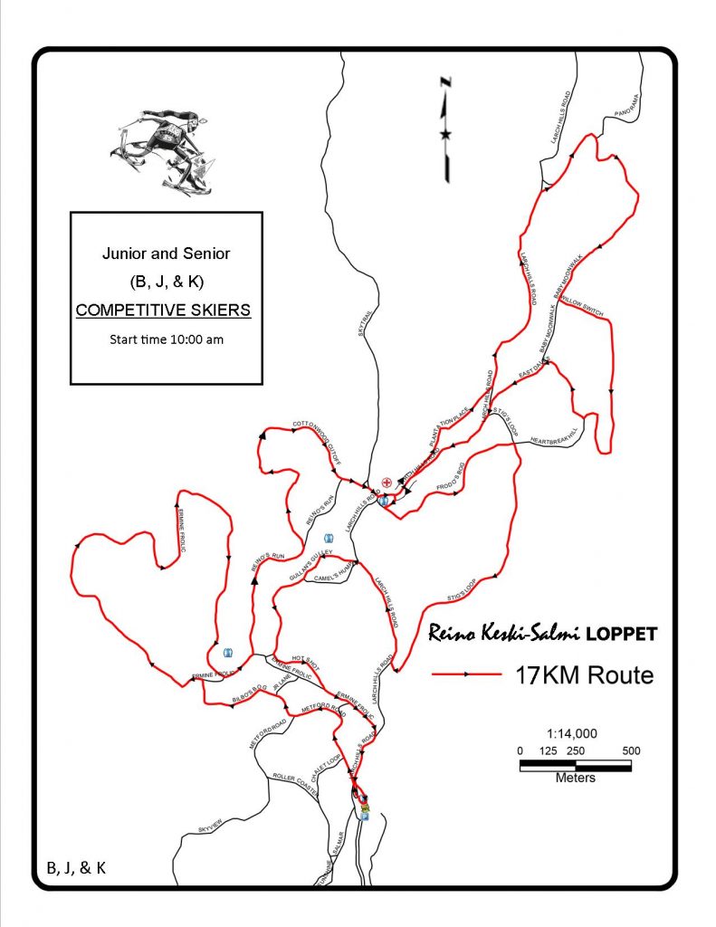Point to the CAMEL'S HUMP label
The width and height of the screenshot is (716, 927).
(325, 577)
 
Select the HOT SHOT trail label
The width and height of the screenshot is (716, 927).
(307, 659)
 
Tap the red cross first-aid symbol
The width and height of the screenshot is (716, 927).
(387, 483)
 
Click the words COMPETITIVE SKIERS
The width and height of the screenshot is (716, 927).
(163, 311)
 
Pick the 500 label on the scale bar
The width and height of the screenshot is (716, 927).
(631, 750)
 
